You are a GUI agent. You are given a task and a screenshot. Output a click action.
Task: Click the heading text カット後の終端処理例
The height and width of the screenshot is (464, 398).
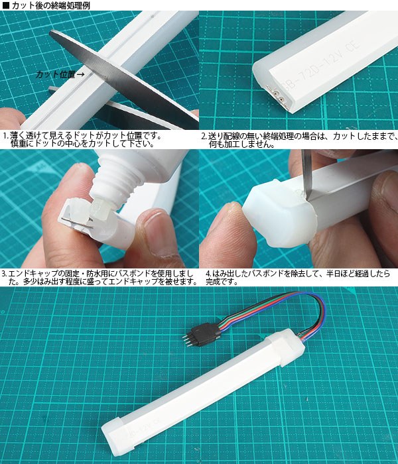click(50, 5)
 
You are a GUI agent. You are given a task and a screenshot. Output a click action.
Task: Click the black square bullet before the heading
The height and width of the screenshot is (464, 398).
click(6, 5)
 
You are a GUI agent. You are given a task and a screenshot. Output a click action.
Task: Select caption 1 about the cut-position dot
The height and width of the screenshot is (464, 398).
click(83, 140)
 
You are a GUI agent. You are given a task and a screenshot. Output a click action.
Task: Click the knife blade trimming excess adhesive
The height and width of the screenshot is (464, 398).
click(306, 174)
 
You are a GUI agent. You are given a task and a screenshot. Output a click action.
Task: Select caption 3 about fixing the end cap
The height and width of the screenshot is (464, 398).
click(99, 277)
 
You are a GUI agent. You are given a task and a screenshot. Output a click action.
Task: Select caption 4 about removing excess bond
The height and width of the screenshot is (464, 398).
click(298, 277)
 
